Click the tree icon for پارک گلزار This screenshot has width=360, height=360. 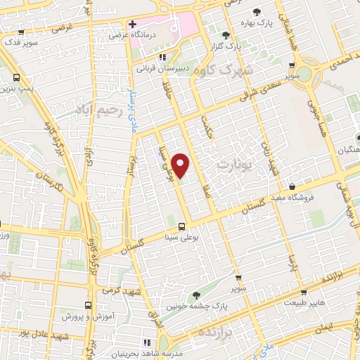[x=225, y=34]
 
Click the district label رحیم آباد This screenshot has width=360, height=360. [x=101, y=112]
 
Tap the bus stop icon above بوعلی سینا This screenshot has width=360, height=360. [x=182, y=226]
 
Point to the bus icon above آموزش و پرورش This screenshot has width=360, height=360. [x=89, y=305]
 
